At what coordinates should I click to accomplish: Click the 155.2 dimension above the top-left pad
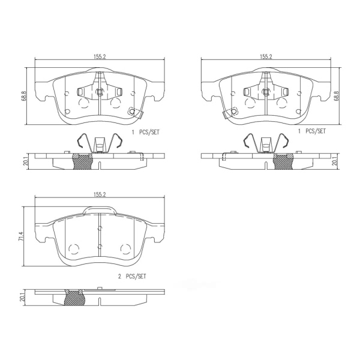coord(100,57)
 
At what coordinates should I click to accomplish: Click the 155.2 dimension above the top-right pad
coord(266,57)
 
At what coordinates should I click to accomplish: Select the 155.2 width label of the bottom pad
coord(100,194)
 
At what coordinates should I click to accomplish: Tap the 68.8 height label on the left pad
coord(25,96)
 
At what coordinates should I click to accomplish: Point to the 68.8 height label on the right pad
coord(337,96)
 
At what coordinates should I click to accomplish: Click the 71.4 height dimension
coord(22,236)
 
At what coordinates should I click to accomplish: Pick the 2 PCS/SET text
coord(132,276)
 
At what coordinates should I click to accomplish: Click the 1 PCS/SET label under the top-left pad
coord(145,132)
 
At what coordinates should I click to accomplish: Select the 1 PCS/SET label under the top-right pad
coord(312,131)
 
